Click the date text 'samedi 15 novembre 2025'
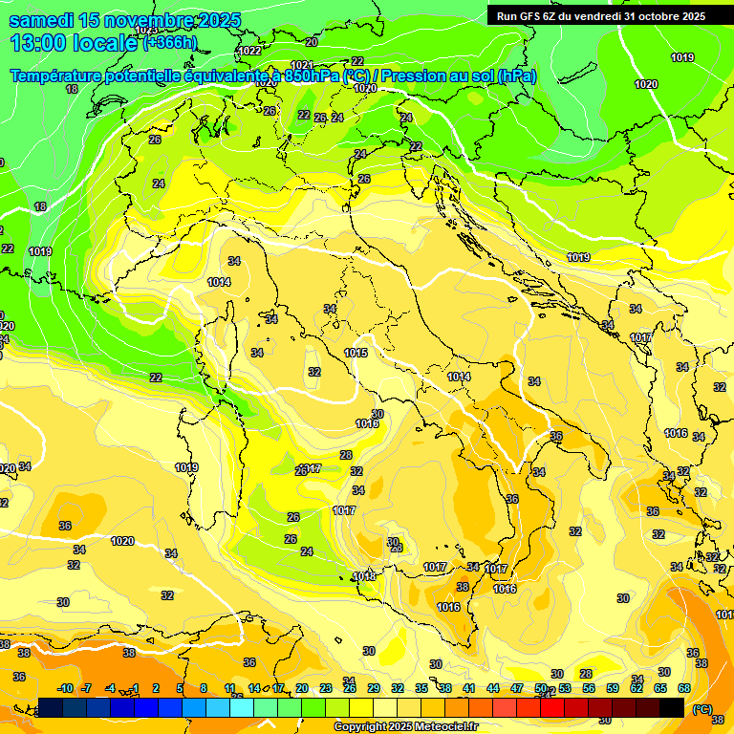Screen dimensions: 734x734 point(124,20)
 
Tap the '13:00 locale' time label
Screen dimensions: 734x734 point(75,42)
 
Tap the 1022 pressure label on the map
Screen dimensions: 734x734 point(250,51)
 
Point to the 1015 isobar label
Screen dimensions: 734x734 point(356,354)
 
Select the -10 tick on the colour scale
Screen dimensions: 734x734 point(65,688)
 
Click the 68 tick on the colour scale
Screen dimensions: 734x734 point(685,688)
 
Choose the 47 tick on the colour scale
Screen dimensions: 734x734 point(517,688)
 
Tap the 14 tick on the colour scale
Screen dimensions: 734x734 point(254,688)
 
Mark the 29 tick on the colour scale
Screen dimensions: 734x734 point(374,688)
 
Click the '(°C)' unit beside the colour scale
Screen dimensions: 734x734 point(702,709)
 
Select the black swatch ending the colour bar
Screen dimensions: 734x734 point(672,708)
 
